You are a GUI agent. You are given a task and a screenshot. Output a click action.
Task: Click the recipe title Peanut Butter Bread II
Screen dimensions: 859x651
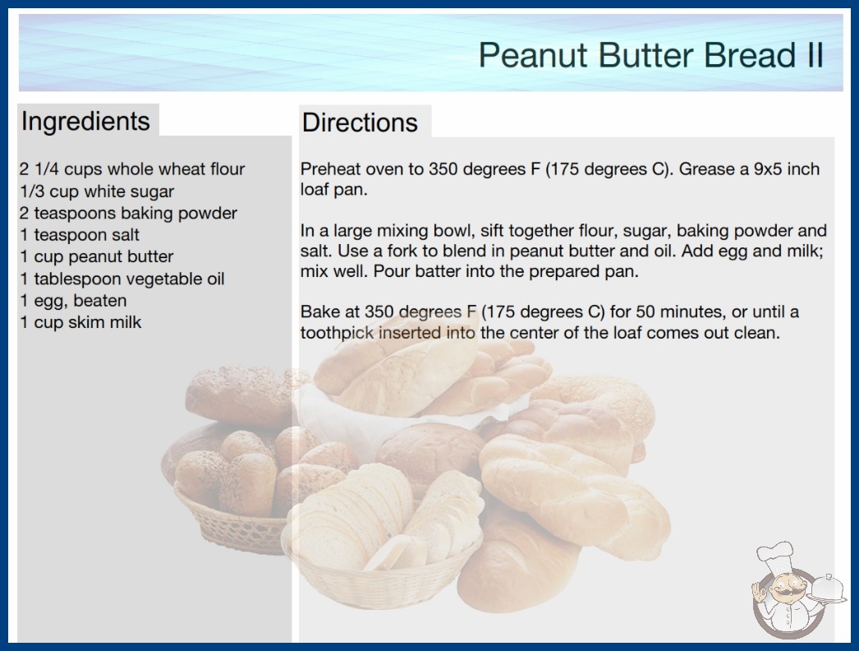pyautogui.click(x=651, y=55)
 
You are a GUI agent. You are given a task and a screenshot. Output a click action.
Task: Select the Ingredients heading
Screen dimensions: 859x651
pyautogui.click(x=85, y=122)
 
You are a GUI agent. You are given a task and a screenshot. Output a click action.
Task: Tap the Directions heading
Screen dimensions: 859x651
pyautogui.click(x=360, y=122)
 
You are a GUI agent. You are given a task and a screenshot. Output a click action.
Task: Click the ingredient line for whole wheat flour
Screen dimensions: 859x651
pyautogui.click(x=132, y=169)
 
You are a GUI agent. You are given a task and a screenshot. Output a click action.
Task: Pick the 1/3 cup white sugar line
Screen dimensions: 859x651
pyautogui.click(x=97, y=192)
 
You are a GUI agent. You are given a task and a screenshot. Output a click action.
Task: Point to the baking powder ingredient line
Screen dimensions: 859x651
pyautogui.click(x=128, y=213)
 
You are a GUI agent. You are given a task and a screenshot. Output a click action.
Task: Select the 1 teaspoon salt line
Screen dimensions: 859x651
pyautogui.click(x=80, y=235)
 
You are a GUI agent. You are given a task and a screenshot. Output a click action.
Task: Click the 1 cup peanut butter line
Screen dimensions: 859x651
pyautogui.click(x=97, y=256)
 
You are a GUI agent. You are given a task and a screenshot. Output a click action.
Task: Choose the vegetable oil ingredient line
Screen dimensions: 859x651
pyautogui.click(x=122, y=279)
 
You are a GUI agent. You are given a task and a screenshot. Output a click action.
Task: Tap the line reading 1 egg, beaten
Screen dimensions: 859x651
pyautogui.click(x=73, y=301)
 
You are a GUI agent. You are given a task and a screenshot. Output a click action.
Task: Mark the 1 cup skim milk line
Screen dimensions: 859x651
pyautogui.click(x=80, y=322)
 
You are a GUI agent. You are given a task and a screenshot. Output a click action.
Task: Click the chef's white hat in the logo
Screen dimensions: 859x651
pyautogui.click(x=775, y=556)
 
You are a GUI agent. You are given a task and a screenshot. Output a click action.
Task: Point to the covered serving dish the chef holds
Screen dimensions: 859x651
pyautogui.click(x=828, y=589)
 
